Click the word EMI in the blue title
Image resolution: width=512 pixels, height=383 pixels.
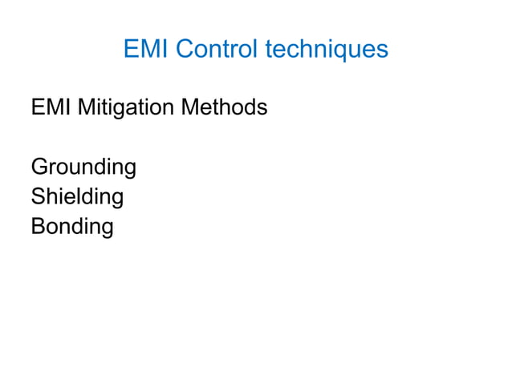[145, 50]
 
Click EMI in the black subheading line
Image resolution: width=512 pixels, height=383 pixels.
[50, 106]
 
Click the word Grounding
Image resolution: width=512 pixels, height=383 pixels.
[83, 168]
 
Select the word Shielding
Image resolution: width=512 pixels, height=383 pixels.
[77, 197]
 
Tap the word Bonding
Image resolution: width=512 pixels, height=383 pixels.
[72, 227]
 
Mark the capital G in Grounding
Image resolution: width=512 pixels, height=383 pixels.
[39, 168]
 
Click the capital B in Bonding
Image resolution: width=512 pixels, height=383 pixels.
[39, 227]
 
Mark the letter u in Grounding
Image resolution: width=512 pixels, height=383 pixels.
[79, 170]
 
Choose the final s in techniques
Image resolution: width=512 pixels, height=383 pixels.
[383, 51]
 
